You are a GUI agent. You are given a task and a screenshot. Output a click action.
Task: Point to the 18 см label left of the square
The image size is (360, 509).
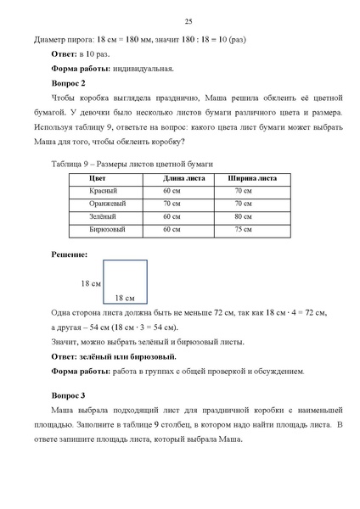coord(91,282)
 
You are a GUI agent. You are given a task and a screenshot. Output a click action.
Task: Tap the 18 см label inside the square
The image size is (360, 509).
coord(125,297)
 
